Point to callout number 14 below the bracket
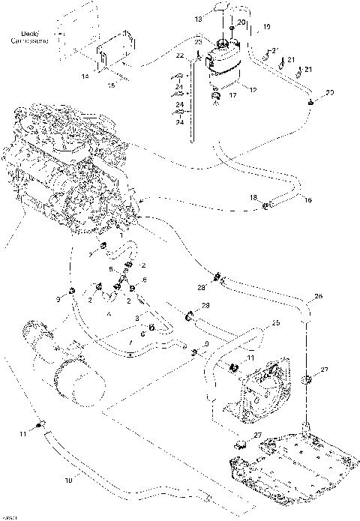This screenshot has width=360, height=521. [85, 76]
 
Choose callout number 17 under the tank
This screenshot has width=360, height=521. [232, 95]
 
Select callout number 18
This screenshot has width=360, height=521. [253, 197]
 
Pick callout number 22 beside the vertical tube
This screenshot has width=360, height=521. [179, 56]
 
